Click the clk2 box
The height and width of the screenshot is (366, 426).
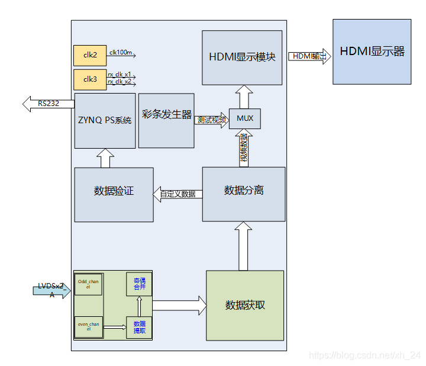tap(89, 56)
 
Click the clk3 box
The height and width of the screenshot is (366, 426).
tap(89, 79)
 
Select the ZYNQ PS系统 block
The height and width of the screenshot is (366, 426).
tap(105, 120)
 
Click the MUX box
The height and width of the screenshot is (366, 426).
tap(244, 118)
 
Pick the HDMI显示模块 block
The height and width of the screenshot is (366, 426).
tap(242, 57)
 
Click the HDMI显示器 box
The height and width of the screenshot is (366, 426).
tap(372, 52)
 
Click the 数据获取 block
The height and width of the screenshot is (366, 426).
tap(245, 305)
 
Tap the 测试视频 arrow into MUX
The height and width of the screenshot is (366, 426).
tap(211, 119)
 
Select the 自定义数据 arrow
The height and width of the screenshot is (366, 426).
tap(177, 194)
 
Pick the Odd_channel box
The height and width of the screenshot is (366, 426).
tap(88, 284)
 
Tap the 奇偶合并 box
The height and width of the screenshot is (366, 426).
tap(139, 284)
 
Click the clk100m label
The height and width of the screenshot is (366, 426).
tap(121, 53)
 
